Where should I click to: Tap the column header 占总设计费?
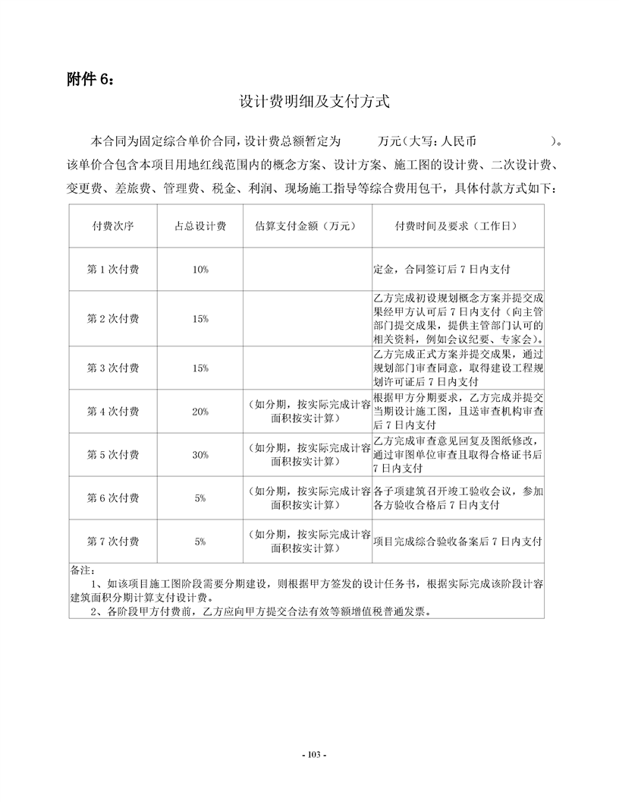[x=200, y=226]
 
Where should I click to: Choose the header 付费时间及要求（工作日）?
[x=457, y=226]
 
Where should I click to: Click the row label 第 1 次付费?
[x=113, y=269]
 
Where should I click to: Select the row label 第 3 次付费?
[x=113, y=368]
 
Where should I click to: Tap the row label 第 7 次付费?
[x=113, y=542]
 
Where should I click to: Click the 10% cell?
[x=200, y=270]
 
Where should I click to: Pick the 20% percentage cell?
[x=200, y=412]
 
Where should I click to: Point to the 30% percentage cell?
[x=200, y=455]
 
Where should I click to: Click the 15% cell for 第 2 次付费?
[x=200, y=319]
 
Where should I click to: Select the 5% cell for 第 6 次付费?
[x=200, y=498]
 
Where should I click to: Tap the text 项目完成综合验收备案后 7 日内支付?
[x=457, y=542]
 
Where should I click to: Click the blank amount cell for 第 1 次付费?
[x=307, y=269]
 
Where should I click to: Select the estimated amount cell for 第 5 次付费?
[x=307, y=455]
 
